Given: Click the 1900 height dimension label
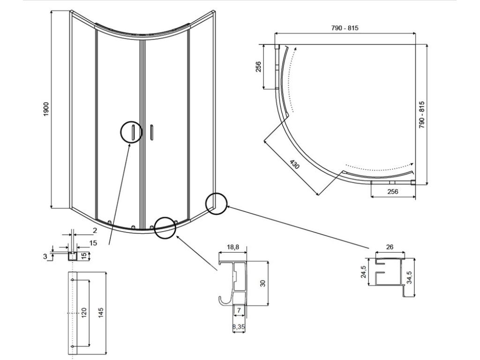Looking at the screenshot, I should (46, 110).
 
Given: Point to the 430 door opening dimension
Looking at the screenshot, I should (294, 165).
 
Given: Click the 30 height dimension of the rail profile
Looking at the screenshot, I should (262, 283).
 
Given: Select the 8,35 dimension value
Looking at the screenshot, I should (239, 327).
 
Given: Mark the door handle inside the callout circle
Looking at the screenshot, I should (133, 132).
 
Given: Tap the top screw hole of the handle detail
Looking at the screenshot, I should (72, 280).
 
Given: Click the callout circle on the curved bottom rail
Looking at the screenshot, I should (165, 228).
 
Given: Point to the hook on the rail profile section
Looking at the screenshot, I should (222, 300).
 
